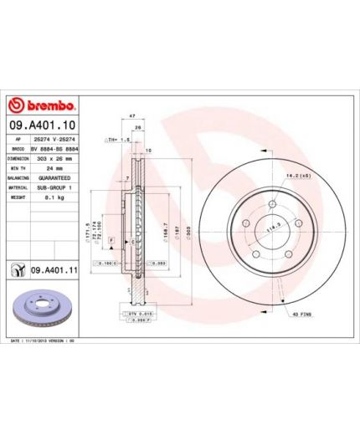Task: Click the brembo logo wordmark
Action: coord(49,105)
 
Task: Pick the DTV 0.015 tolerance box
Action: coord(138,313)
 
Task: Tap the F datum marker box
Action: coord(108,240)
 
